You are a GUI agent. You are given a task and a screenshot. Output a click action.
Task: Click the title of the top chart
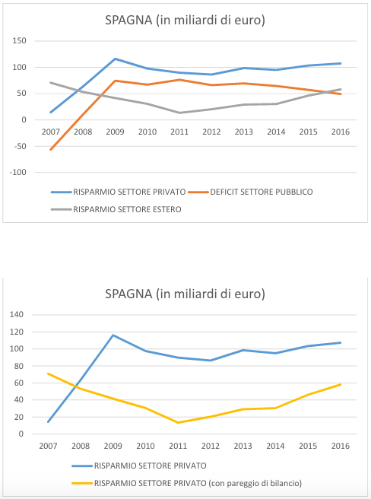point(185,20)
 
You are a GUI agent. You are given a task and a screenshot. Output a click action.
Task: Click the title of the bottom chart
point(185,294)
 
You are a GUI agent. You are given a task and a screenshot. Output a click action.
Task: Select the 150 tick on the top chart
point(19,41)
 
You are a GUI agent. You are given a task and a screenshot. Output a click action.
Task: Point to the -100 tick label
point(17,172)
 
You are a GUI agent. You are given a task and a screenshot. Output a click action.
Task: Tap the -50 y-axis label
point(19,146)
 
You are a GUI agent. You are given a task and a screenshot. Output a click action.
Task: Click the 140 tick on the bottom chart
point(17,314)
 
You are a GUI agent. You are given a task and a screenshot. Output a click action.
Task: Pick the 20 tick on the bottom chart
point(19,417)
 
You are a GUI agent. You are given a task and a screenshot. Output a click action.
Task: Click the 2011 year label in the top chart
point(179,132)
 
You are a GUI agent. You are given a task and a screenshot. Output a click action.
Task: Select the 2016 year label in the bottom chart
point(341,446)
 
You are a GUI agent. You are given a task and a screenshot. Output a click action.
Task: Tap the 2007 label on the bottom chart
point(48,446)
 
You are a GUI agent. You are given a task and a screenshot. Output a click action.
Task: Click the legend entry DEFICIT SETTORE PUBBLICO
point(250,192)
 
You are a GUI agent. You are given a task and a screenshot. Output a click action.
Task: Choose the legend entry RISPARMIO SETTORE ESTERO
point(116,209)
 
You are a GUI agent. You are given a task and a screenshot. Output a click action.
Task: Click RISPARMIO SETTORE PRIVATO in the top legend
point(119,192)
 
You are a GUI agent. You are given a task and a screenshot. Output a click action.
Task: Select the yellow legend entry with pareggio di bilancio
point(187,483)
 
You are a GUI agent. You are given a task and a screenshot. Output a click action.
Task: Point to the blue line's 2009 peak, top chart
point(115,59)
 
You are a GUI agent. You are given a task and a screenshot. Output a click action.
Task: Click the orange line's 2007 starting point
point(51,150)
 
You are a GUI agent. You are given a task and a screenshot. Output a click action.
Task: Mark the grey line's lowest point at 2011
point(179,113)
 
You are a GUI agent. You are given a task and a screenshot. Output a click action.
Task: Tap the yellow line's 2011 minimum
point(178,423)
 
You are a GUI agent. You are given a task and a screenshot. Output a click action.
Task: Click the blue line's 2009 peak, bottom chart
point(113,335)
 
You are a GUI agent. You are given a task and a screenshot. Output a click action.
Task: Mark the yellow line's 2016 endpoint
point(341,384)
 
